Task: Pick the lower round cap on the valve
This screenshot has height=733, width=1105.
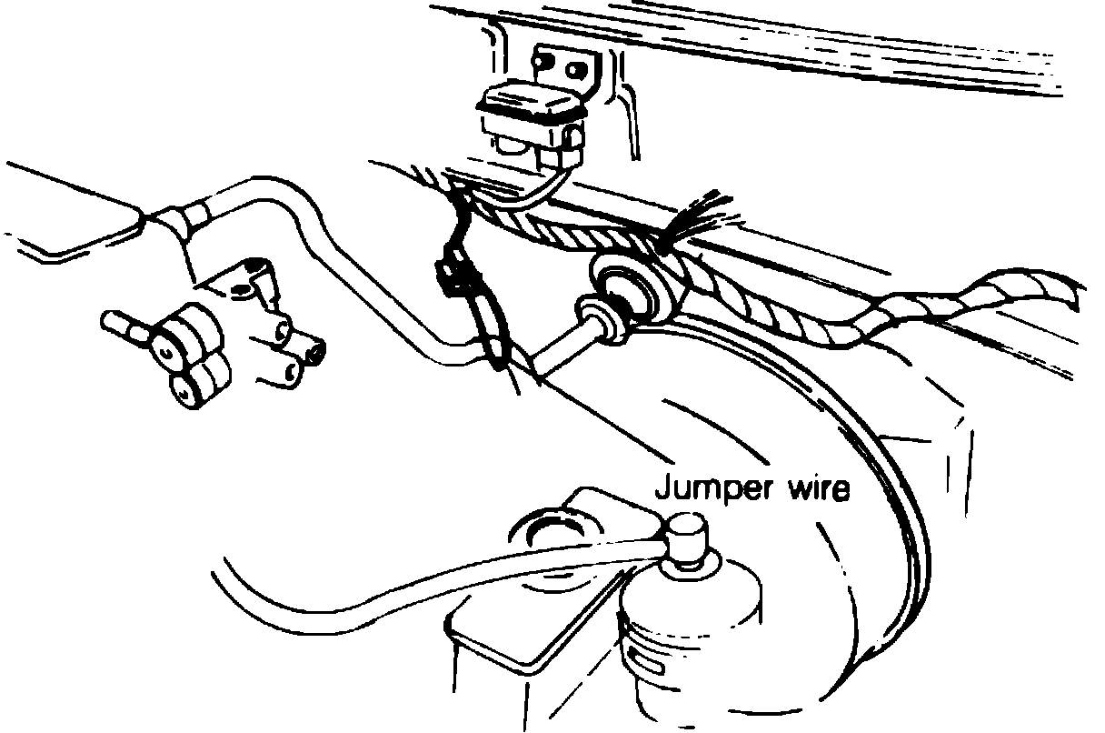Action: [188, 387]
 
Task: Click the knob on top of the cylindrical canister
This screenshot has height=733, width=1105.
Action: [687, 537]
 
